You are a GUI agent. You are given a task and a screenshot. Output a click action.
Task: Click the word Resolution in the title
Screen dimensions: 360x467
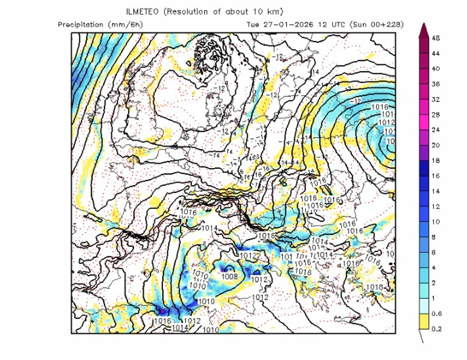[x=187, y=11]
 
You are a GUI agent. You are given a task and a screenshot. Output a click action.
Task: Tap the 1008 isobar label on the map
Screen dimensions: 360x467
[x=229, y=276]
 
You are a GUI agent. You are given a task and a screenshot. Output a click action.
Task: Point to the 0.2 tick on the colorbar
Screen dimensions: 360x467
[x=436, y=329]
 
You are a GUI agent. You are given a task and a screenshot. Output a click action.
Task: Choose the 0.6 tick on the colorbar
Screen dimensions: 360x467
[x=436, y=313]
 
